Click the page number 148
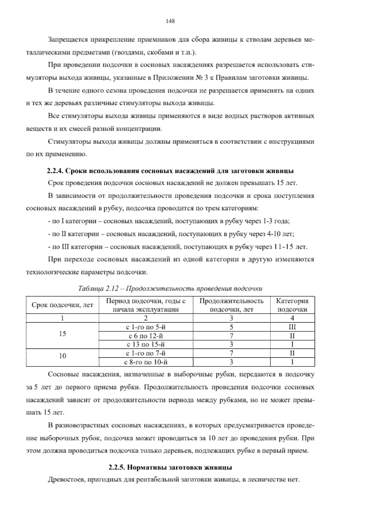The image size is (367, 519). coord(170,21)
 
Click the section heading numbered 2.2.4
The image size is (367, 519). coord(170,170)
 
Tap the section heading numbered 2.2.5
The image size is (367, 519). coord(170,468)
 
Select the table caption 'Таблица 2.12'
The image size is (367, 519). coord(170,289)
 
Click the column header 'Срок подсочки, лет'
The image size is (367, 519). coord(62,305)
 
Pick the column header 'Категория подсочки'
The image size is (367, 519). coord(292,305)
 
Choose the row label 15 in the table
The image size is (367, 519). coord(62,334)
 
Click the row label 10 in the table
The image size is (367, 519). coord(62,356)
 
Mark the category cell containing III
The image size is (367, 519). coord(292,327)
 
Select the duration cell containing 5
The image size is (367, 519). coord(231,327)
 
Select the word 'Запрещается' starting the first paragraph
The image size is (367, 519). coord(65,40)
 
